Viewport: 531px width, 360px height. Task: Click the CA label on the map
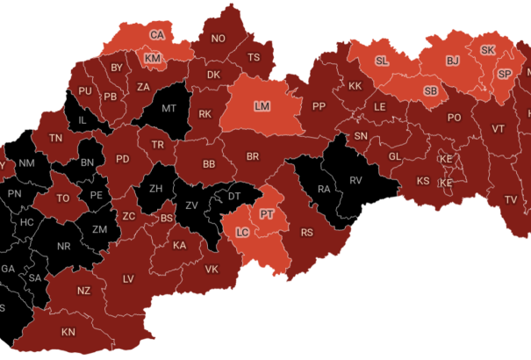157,35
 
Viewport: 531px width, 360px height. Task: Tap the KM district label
153,58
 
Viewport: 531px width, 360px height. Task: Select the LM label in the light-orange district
262,106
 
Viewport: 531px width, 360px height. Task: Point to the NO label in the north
219,38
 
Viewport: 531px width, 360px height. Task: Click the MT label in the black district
169,110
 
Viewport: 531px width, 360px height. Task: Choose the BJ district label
453,61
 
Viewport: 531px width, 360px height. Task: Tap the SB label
431,91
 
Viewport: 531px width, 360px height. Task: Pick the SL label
382,61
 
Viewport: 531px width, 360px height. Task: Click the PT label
268,212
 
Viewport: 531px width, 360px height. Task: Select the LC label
243,233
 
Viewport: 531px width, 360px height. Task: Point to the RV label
356,181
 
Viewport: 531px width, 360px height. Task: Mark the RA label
324,189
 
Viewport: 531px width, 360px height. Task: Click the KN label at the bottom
68,332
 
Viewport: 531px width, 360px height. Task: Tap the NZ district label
84,291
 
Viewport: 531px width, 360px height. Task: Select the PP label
319,106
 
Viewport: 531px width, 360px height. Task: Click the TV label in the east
510,199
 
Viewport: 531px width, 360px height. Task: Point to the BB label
209,163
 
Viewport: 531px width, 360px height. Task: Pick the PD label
124,159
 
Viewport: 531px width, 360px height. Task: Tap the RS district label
307,233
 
